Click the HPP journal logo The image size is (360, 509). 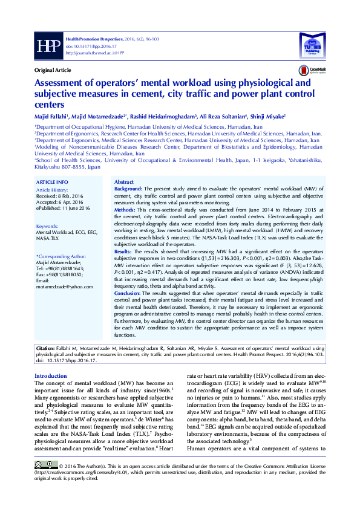47,46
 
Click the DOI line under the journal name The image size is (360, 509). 83,45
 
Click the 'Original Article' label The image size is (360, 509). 54,71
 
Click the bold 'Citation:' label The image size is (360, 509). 45,349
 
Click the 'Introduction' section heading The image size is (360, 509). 51,376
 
